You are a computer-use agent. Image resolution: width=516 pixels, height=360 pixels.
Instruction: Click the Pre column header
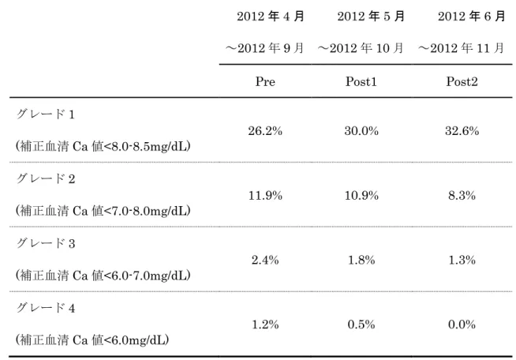265,81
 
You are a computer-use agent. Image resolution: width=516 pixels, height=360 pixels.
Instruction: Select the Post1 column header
361,81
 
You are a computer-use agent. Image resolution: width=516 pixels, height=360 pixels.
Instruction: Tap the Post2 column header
462,81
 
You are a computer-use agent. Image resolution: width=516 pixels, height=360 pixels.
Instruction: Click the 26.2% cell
265,131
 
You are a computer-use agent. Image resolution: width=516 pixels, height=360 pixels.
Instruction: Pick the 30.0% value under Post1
361,131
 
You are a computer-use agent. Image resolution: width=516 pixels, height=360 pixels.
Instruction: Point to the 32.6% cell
462,131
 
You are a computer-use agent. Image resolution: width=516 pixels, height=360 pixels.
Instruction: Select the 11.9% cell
265,195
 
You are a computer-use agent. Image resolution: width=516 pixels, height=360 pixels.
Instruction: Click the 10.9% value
361,195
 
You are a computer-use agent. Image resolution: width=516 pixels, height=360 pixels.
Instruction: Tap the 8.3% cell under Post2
462,195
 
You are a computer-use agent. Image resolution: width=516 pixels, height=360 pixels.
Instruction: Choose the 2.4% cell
265,260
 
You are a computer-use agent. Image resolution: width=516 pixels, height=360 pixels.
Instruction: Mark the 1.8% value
361,260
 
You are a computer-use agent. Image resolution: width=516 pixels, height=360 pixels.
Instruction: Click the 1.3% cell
462,260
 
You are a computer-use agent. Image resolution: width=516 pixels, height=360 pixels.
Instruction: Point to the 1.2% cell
265,324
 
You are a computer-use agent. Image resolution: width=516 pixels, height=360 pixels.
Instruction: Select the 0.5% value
361,324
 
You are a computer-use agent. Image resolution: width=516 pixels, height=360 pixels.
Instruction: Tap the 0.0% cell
462,324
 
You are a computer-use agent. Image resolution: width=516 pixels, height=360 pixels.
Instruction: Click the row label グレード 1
46,114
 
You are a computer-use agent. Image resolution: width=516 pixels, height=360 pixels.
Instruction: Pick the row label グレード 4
46,308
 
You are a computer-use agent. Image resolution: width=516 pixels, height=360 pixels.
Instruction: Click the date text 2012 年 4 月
271,16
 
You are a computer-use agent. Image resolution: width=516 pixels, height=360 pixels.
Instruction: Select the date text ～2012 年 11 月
461,48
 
